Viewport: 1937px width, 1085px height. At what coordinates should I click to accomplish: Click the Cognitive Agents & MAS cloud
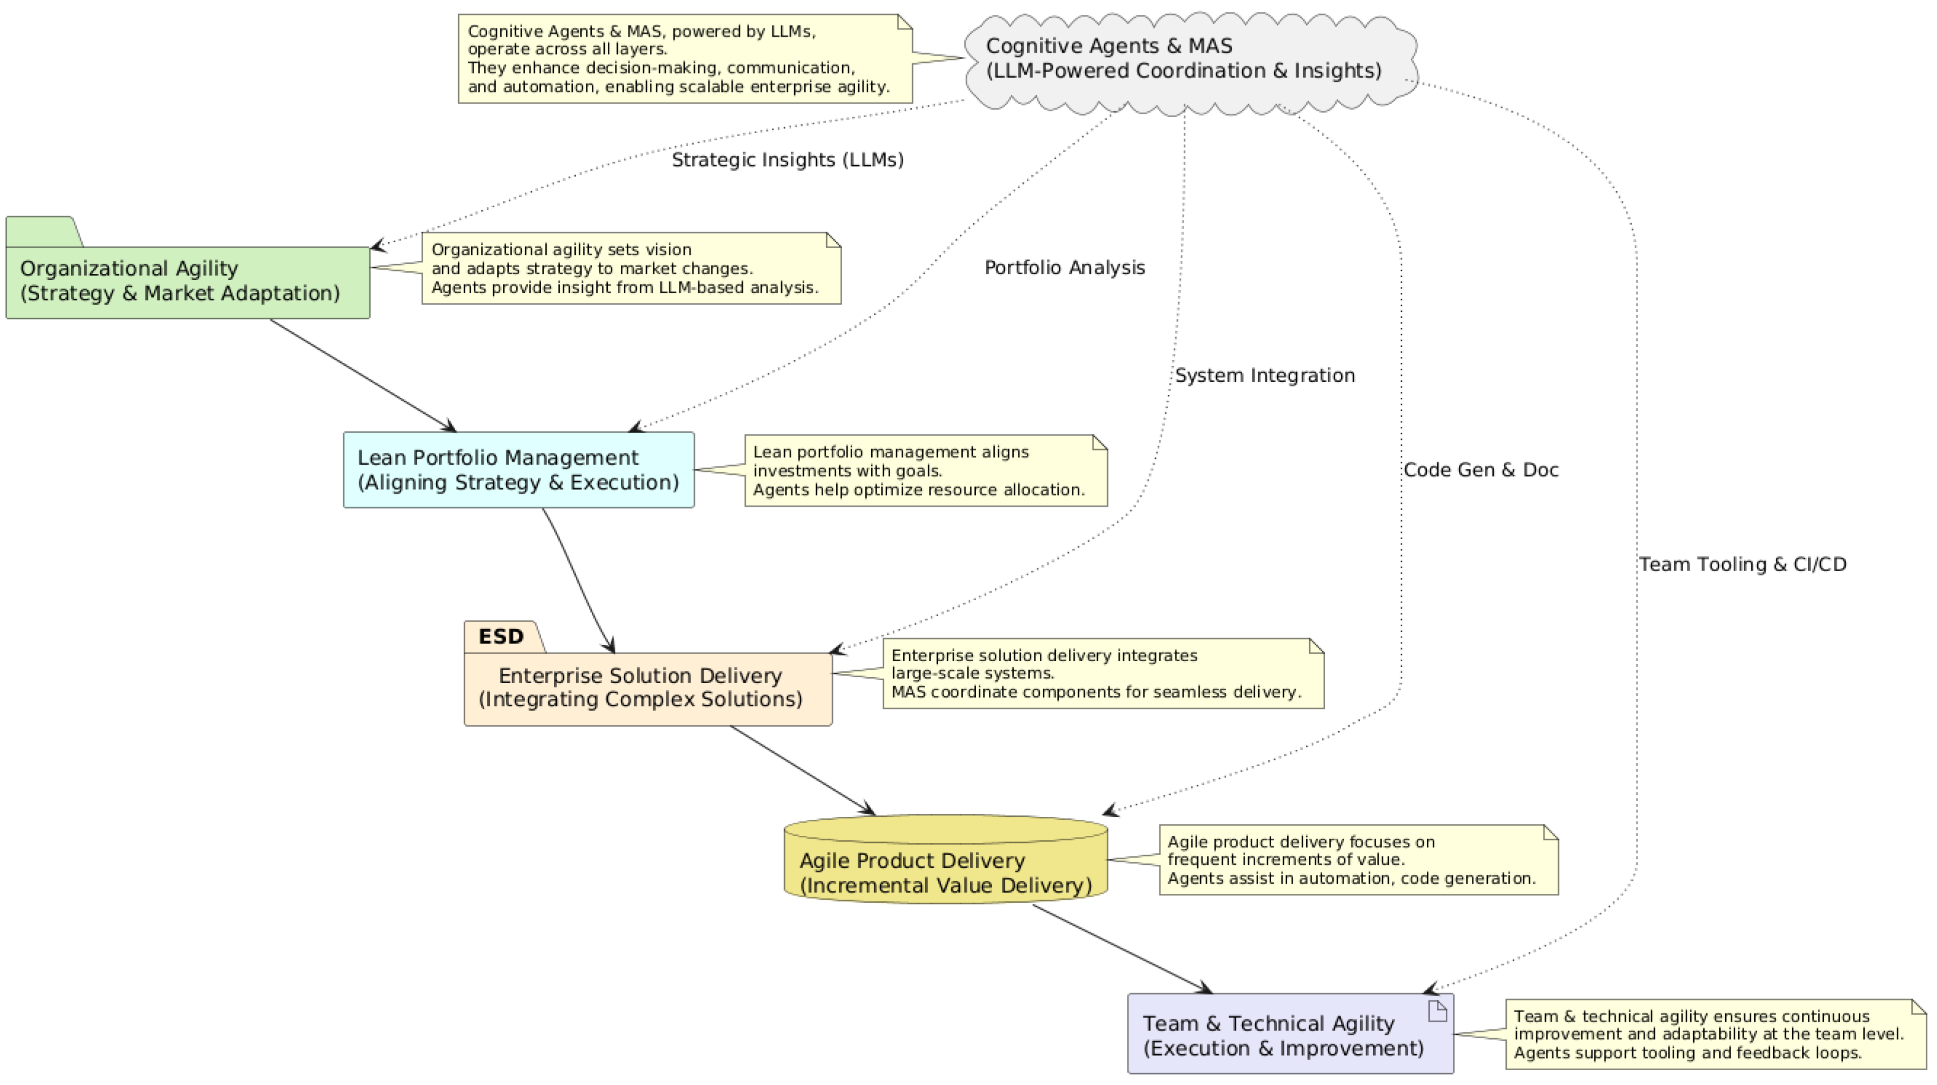[1188, 60]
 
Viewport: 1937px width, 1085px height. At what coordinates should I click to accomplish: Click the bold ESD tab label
[501, 637]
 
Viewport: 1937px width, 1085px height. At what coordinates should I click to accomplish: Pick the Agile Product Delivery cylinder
[945, 868]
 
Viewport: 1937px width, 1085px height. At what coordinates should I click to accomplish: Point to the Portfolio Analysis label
[1064, 268]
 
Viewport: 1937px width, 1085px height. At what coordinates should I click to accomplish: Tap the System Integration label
[1265, 375]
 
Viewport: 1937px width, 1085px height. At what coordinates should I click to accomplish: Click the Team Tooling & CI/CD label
[1742, 565]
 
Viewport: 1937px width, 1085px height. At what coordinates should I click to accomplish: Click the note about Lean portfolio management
[925, 471]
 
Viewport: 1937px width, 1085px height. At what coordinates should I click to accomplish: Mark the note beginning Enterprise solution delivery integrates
[1103, 674]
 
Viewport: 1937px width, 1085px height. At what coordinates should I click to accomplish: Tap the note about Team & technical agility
[1714, 1034]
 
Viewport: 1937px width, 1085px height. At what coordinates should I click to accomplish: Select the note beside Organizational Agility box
[630, 268]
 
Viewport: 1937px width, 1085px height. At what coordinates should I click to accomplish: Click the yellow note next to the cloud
[684, 59]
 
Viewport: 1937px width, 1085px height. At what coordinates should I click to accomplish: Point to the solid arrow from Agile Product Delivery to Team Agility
[1122, 949]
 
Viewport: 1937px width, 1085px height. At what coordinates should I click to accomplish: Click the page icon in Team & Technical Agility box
[1437, 1012]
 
